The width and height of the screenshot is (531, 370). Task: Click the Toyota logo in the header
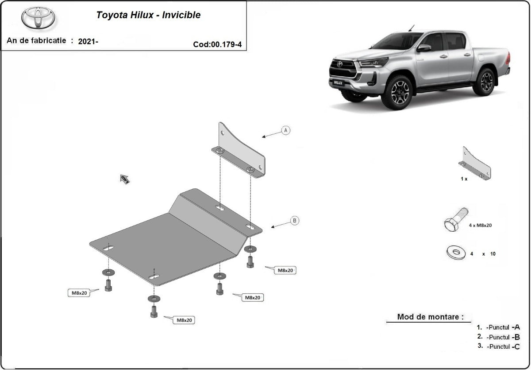pyautogui.click(x=38, y=18)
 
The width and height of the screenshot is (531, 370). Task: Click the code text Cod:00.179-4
pyautogui.click(x=217, y=44)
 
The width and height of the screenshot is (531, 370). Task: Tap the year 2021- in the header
pyautogui.click(x=88, y=42)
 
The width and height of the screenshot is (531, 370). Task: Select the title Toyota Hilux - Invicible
pyautogui.click(x=148, y=15)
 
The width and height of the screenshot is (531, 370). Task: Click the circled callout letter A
pyautogui.click(x=286, y=130)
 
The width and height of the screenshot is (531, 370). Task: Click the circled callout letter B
pyautogui.click(x=295, y=220)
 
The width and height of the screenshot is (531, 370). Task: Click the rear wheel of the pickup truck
pyautogui.click(x=485, y=81)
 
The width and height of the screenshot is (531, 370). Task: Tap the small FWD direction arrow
pyautogui.click(x=124, y=179)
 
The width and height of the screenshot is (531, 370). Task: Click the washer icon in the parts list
pyautogui.click(x=456, y=253)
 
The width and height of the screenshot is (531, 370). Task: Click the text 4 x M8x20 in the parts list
pyautogui.click(x=480, y=225)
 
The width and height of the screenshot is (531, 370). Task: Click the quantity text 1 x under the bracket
pyautogui.click(x=464, y=179)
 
